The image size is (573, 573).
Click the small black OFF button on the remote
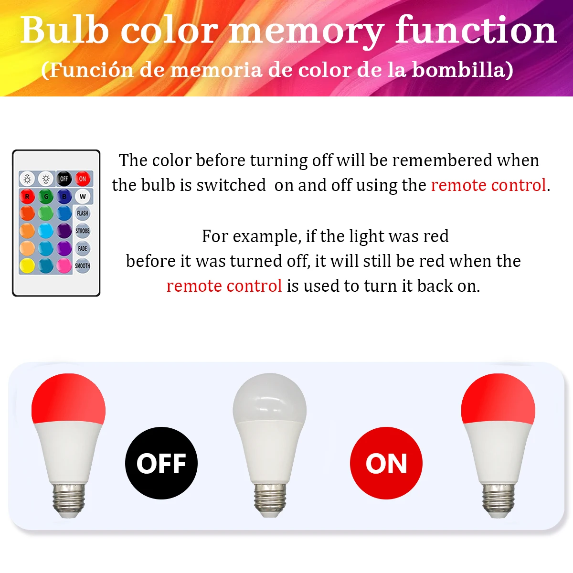[x=64, y=179]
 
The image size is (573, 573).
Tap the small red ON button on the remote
[x=82, y=179]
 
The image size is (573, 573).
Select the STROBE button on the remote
[x=82, y=231]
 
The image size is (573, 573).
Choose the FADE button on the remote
[x=82, y=248]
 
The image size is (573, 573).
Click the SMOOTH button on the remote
[x=82, y=266]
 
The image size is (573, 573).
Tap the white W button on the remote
[x=83, y=196]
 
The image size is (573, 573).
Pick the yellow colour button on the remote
[x=27, y=265]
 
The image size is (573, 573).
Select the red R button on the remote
[x=27, y=197]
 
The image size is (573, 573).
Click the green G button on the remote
[x=46, y=197]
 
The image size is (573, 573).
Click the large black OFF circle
[x=161, y=463]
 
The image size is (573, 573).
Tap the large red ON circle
[x=386, y=463]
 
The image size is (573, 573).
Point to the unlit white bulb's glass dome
[x=270, y=398]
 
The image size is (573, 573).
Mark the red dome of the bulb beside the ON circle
[x=498, y=398]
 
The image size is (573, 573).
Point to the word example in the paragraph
[x=266, y=237]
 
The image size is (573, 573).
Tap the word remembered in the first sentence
[x=466, y=160]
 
